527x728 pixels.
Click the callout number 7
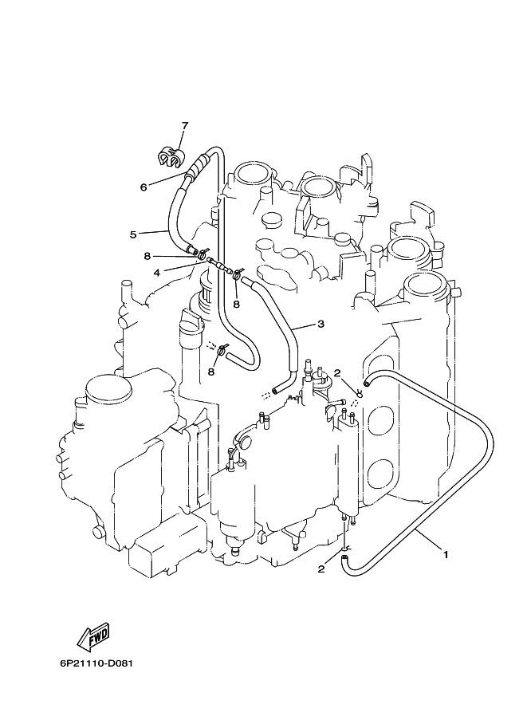click(185, 125)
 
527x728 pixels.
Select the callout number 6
click(144, 187)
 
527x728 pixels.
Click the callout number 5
click(133, 234)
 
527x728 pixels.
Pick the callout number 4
click(157, 273)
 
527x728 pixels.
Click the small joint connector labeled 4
click(219, 266)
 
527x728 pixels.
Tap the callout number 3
click(321, 324)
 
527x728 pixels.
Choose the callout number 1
click(446, 554)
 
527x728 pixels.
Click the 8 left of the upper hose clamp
click(147, 256)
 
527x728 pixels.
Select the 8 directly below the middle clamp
click(236, 304)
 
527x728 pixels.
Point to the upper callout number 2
click(337, 372)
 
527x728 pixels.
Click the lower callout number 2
click(321, 569)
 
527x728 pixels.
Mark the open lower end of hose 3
click(277, 390)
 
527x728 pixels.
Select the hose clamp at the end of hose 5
click(202, 254)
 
